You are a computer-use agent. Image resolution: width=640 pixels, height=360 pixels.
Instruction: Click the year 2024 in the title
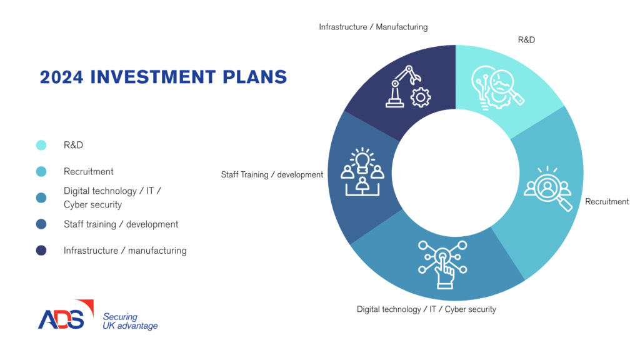point(61,77)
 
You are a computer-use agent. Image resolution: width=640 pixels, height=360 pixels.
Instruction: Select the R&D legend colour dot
point(41,145)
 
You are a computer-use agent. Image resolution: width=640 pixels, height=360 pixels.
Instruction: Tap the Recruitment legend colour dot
point(41,171)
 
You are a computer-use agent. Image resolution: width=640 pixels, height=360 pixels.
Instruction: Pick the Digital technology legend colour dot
point(41,198)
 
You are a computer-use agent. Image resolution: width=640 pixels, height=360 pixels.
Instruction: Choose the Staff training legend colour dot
point(41,224)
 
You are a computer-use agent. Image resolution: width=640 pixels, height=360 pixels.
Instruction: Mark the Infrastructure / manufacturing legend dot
point(41,250)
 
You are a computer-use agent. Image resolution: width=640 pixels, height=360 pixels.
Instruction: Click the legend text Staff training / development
point(121,224)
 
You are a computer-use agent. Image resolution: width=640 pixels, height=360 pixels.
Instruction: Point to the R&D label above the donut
point(526,39)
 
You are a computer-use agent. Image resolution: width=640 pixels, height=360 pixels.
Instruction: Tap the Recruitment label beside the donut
point(607,201)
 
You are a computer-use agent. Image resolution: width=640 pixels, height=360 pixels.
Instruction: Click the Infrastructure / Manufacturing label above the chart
point(373,27)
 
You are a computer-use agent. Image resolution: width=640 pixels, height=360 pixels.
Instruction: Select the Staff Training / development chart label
point(272,175)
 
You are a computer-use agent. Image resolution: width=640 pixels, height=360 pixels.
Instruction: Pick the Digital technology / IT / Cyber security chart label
point(426,309)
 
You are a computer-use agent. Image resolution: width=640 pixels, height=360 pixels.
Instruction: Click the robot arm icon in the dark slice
point(402,86)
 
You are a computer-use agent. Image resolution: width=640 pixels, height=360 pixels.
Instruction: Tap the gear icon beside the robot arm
point(421,98)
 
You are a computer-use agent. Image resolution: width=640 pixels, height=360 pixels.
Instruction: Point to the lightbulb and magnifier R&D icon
point(497,88)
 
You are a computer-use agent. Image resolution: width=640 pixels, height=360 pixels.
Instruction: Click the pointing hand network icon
point(442,264)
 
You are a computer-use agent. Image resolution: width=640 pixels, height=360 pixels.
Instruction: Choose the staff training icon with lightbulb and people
point(362,172)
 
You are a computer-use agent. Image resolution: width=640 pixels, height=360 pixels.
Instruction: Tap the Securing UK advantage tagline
point(130,321)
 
